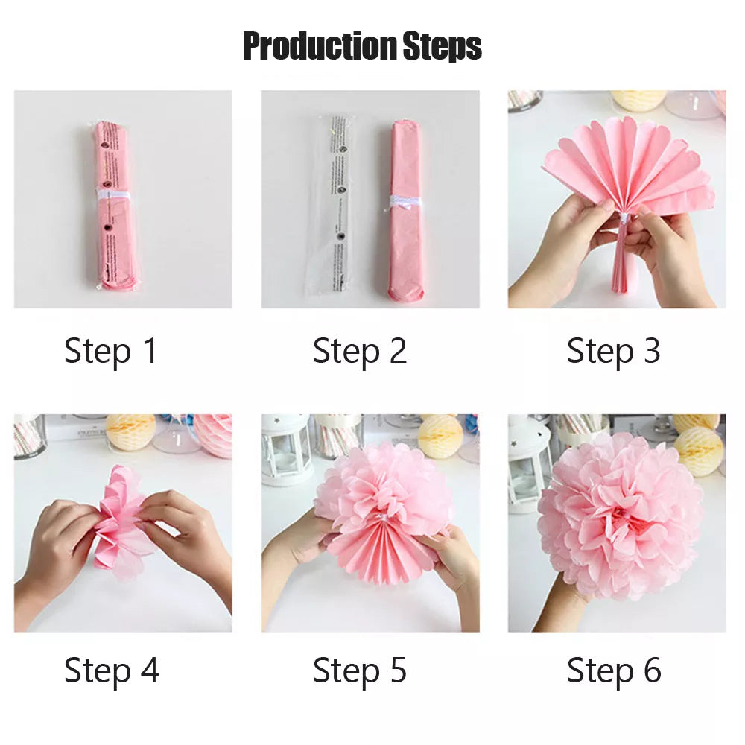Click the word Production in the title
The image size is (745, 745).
320,46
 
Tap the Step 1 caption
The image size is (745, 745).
111,351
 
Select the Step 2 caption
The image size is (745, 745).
360,351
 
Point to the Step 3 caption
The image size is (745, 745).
613,351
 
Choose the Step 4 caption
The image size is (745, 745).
111,670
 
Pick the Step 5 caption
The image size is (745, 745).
360,670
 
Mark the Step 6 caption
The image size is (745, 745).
613,670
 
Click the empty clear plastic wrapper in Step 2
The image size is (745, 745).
337,201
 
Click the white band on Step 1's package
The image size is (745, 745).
114,196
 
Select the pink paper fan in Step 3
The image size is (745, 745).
630,171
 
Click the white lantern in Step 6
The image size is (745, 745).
529,462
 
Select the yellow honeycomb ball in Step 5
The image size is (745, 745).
440,436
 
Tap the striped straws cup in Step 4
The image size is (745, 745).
29,435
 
